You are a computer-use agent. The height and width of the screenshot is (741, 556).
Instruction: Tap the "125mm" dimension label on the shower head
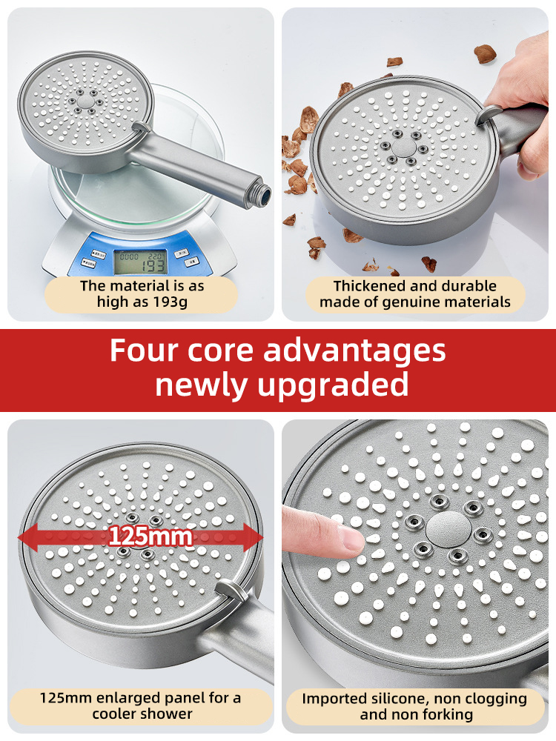tap(151, 536)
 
